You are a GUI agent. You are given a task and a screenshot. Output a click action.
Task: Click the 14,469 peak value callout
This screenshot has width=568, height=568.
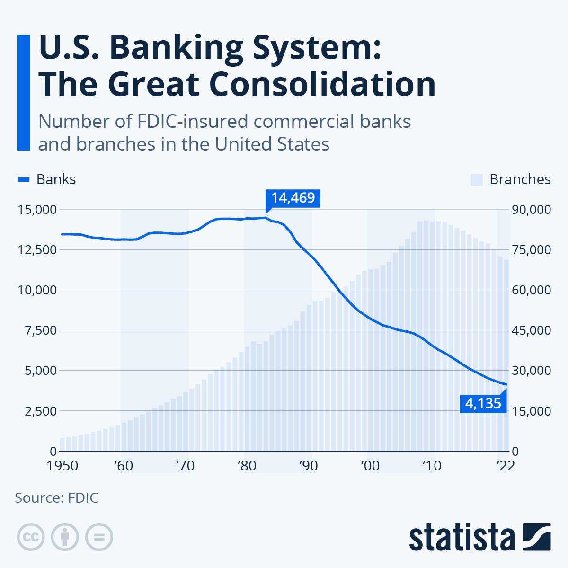293,197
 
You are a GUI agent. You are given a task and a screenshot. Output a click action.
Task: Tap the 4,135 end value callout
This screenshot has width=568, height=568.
483,403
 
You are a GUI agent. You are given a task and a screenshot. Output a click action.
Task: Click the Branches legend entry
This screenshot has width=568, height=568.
511,179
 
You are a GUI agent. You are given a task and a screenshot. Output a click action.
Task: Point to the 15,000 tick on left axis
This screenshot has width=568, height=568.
37,209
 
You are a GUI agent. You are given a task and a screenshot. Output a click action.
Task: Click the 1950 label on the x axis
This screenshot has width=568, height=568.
62,466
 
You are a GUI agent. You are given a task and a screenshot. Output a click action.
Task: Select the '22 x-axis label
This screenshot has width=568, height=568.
505,466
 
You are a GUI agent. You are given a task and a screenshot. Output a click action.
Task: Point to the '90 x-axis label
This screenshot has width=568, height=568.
308,466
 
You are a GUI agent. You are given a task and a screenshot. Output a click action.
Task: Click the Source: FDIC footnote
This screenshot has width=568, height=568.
56,498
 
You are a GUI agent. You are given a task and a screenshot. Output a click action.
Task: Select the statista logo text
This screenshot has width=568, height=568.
462,537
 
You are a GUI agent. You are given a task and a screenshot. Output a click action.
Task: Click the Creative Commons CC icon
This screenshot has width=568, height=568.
31,537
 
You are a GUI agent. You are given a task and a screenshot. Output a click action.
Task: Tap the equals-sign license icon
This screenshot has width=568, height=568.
99,537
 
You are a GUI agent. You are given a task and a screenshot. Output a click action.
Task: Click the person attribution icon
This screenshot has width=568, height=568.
65,537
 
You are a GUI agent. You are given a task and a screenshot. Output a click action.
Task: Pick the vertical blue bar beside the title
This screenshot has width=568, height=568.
23,92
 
